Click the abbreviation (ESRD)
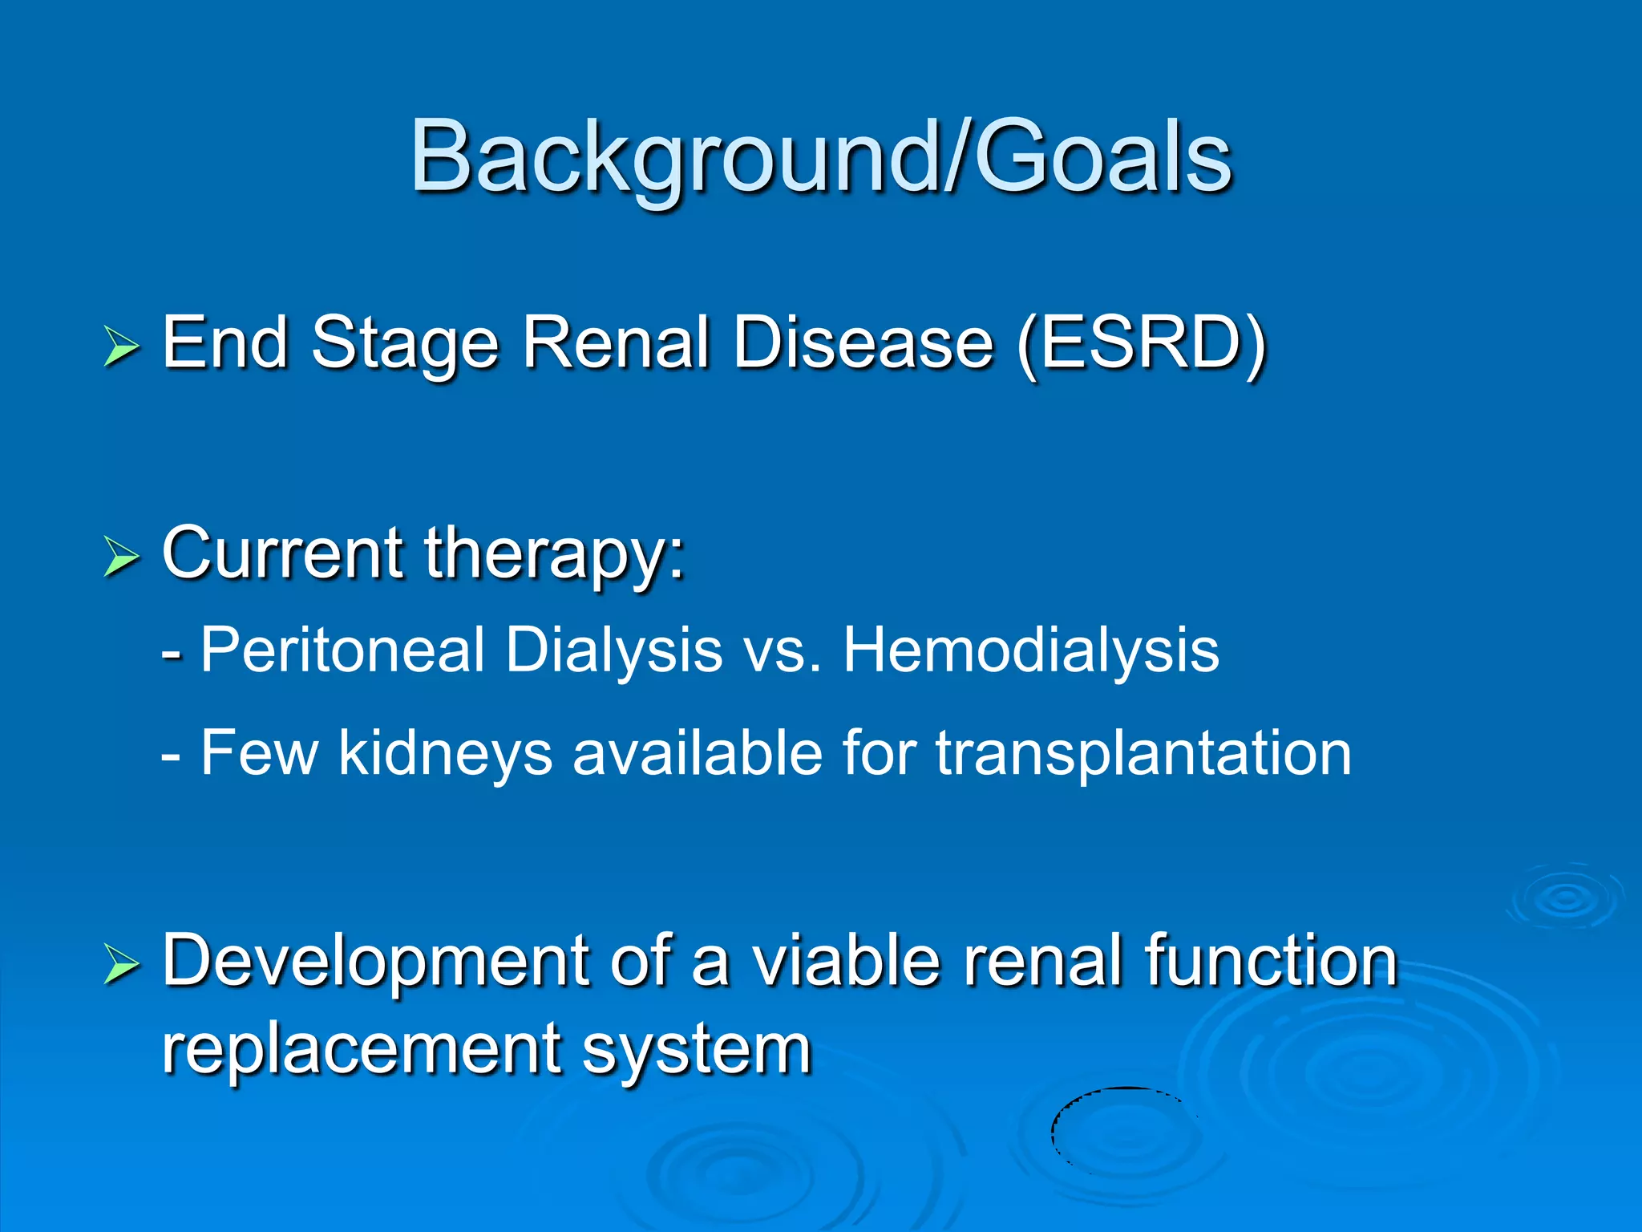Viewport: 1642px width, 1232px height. point(1142,343)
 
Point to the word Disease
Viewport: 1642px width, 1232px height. point(863,343)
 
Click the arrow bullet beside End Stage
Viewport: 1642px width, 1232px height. point(121,346)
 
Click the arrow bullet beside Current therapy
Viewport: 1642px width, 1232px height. point(121,557)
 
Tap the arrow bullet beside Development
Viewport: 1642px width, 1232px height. point(121,964)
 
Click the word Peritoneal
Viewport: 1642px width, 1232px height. point(342,650)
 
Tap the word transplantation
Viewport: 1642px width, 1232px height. point(1143,754)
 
